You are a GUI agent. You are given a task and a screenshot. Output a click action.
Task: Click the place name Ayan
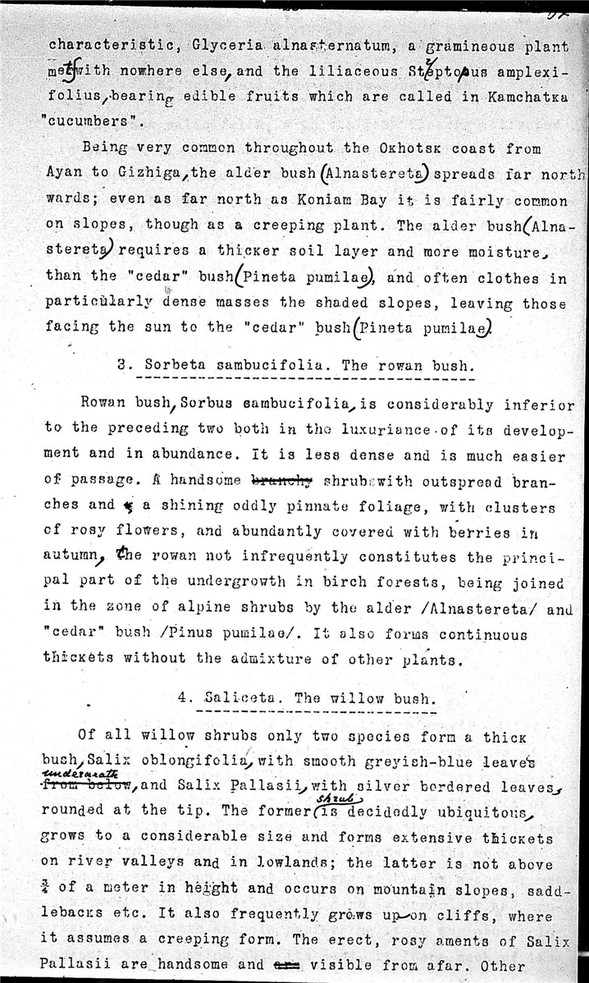61,173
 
